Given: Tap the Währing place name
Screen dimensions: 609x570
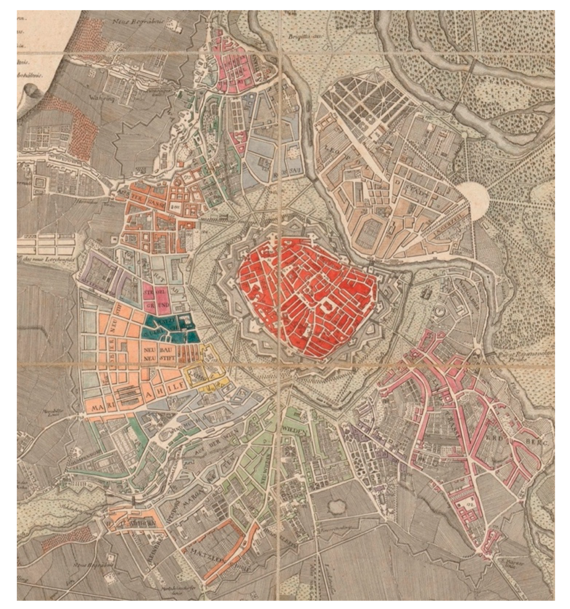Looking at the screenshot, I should (x=97, y=99).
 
